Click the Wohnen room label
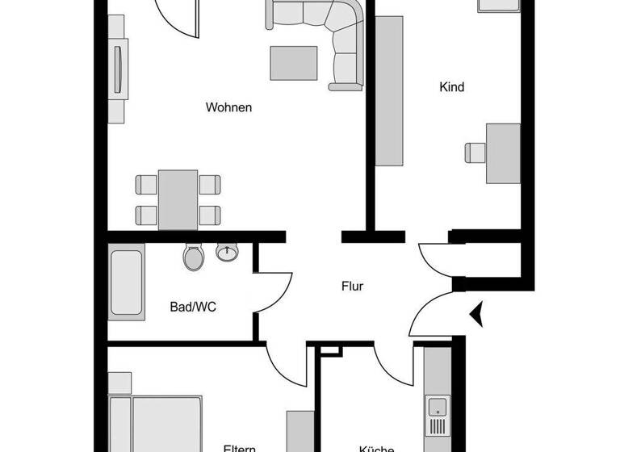click(229, 107)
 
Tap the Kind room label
click(452, 87)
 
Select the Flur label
click(352, 286)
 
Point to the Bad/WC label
click(193, 306)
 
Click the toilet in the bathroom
click(194, 257)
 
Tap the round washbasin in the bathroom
click(227, 253)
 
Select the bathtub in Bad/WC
click(127, 284)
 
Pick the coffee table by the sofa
click(293, 62)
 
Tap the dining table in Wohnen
click(178, 199)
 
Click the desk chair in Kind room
click(475, 151)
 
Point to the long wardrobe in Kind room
click(389, 90)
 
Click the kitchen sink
click(438, 406)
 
